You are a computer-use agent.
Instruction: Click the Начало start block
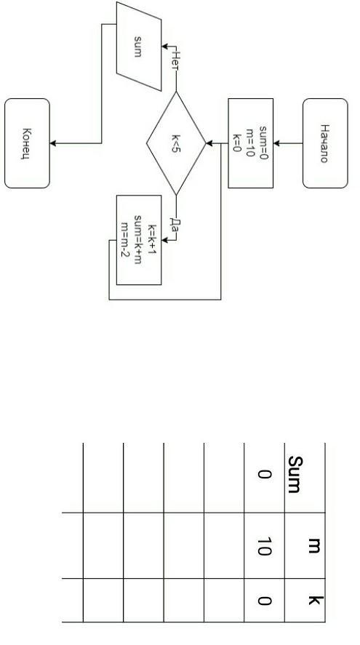pyautogui.click(x=325, y=143)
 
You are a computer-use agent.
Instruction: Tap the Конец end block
pyautogui.click(x=27, y=143)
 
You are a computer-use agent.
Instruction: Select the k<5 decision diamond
pyautogui.click(x=176, y=143)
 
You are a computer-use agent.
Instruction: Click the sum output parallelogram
pyautogui.click(x=139, y=47)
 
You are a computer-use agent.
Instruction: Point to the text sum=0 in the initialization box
pyautogui.click(x=263, y=143)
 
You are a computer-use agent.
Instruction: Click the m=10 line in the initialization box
pyautogui.click(x=250, y=143)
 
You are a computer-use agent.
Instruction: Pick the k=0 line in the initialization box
pyautogui.click(x=237, y=143)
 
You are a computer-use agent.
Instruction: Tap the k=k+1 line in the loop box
pyautogui.click(x=151, y=239)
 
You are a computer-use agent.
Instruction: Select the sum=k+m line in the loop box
pyautogui.click(x=138, y=239)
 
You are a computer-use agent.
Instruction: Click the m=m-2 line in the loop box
pyautogui.click(x=125, y=239)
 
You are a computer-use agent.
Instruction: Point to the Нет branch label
pyautogui.click(x=176, y=61)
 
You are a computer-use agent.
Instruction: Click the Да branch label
pyautogui.click(x=176, y=225)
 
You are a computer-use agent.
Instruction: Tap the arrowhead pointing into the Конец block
pyautogui.click(x=53, y=143)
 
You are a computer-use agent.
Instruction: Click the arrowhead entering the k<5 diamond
pyautogui.click(x=209, y=143)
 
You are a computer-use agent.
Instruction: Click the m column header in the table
pyautogui.click(x=314, y=545)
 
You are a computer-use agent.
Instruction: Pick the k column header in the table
pyautogui.click(x=316, y=600)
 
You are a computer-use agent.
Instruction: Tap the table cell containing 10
pyautogui.click(x=264, y=546)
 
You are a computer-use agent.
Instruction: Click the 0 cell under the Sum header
pyautogui.click(x=264, y=474)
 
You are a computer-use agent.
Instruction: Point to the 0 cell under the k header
pyautogui.click(x=264, y=601)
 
